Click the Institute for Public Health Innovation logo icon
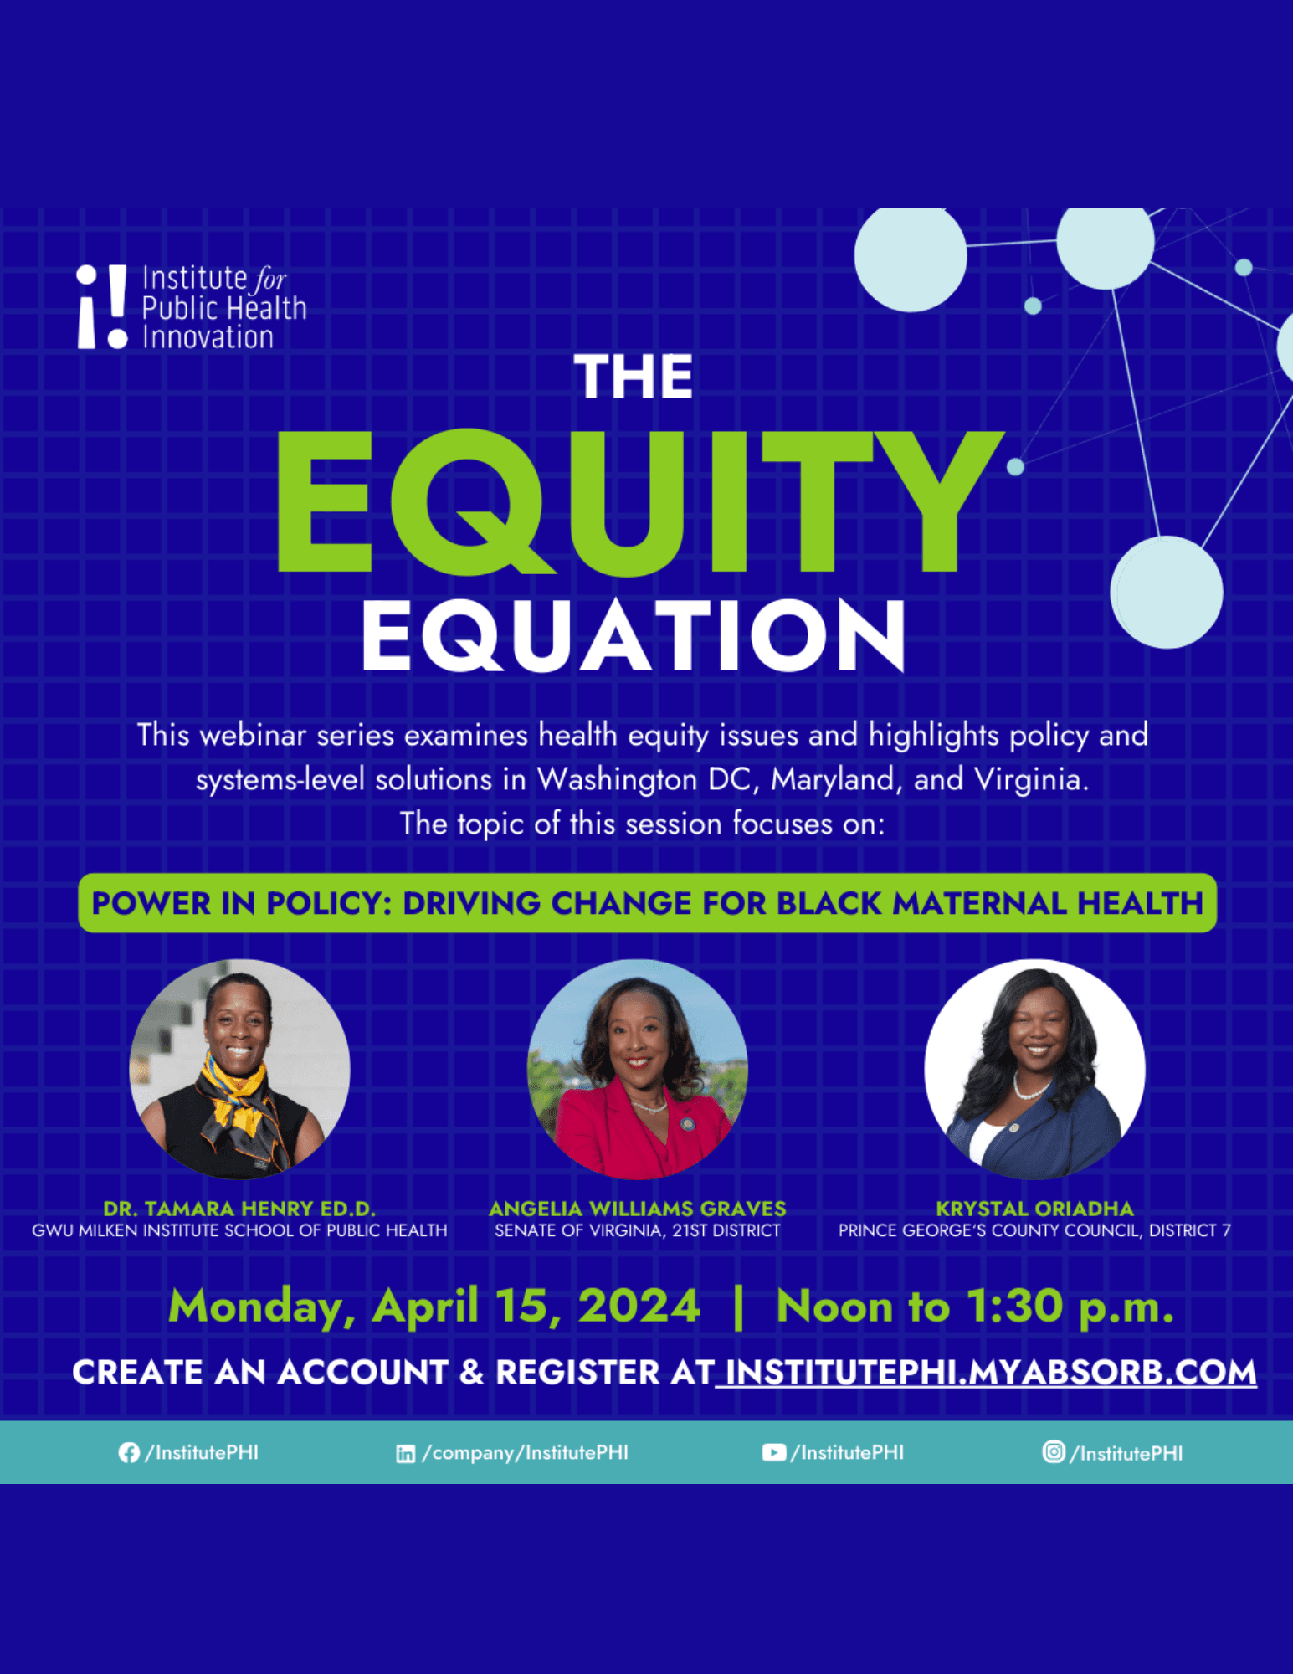point(101,306)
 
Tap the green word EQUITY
point(640,502)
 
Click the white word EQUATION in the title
point(634,635)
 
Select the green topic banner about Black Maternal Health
point(647,903)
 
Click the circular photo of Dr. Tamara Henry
point(239,1069)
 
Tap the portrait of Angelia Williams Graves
point(637,1069)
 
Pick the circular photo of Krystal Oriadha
point(1034,1069)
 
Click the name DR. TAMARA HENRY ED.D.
point(239,1209)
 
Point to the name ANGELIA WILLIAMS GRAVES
point(637,1209)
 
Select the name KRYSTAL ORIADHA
point(1034,1209)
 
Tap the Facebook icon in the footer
point(129,1453)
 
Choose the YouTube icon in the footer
point(774,1452)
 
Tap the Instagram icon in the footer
point(1054,1451)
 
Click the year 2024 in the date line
point(639,1306)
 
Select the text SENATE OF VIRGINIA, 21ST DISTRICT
point(637,1230)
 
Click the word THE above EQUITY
point(634,377)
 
